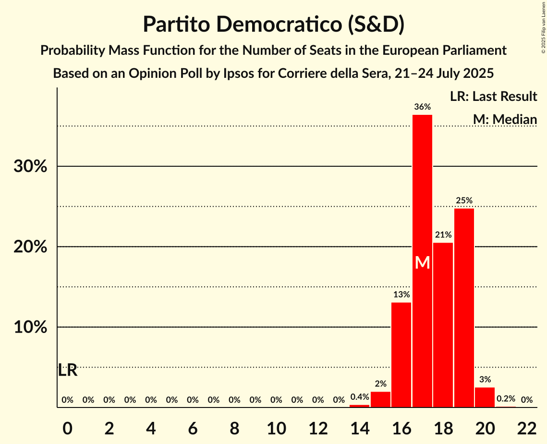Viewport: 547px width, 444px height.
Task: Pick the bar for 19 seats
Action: click(464, 308)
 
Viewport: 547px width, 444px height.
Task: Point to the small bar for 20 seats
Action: click(485, 397)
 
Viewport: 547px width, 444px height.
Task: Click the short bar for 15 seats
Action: click(380, 399)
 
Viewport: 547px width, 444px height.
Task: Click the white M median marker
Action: click(422, 262)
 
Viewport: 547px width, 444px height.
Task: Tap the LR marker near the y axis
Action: click(68, 370)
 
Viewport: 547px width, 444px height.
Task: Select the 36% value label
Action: click(422, 107)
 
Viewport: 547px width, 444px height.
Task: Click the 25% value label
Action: click(464, 200)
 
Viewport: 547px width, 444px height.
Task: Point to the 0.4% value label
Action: click(360, 397)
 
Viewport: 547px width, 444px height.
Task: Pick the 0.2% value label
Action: click(506, 399)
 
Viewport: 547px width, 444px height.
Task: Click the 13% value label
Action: click(401, 295)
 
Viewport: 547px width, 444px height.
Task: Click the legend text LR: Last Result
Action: click(493, 97)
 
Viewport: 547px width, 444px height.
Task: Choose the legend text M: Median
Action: click(505, 119)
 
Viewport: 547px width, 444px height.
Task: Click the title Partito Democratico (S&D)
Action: click(273, 24)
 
